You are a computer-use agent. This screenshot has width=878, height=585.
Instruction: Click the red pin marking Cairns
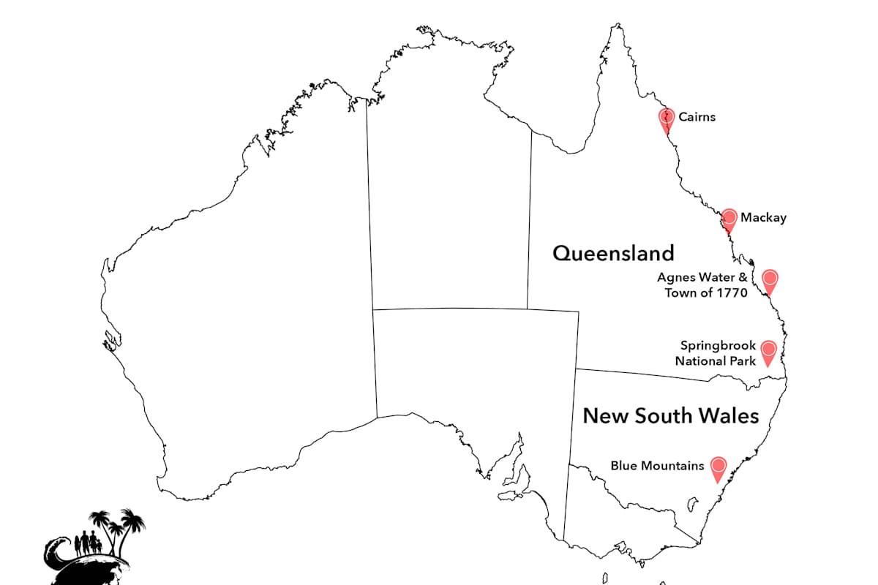tap(666, 118)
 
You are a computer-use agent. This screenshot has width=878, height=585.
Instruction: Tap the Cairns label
tap(697, 117)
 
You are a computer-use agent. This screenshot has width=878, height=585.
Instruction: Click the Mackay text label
tap(763, 218)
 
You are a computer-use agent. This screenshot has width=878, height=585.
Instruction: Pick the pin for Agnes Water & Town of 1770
tap(769, 279)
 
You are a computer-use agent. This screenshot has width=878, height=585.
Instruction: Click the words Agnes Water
tap(697, 278)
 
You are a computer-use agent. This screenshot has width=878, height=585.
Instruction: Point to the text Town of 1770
tap(705, 293)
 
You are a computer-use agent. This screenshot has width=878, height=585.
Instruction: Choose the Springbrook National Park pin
tap(768, 350)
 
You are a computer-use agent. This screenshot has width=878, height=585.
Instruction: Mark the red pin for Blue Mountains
tap(718, 467)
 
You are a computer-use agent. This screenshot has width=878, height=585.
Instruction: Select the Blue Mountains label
tap(657, 466)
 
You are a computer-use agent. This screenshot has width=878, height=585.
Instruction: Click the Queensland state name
tap(613, 254)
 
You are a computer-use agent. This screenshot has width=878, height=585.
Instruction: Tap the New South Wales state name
tap(670, 416)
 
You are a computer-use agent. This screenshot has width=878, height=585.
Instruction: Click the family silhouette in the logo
tap(86, 543)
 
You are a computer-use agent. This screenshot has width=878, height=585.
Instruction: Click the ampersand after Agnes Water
tap(743, 278)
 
